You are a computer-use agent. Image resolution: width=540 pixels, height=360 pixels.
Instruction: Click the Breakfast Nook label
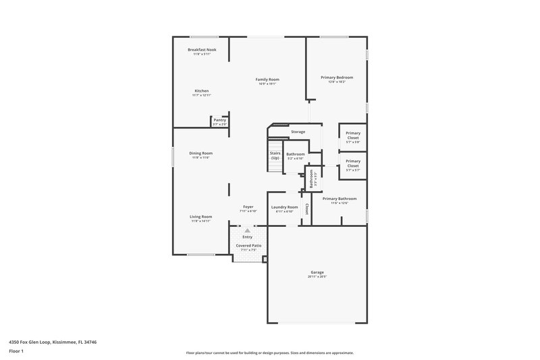tap(202, 50)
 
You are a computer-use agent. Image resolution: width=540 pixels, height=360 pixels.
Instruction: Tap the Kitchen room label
tap(202, 91)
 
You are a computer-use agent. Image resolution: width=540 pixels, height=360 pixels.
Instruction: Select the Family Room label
tap(267, 79)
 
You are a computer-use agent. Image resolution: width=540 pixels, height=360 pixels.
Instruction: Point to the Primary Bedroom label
tap(336, 77)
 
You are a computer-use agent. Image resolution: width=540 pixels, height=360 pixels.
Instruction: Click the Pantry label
tap(219, 120)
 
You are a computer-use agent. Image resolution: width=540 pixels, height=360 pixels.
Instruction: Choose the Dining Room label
tap(201, 153)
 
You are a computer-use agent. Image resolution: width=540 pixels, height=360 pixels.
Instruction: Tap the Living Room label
tap(201, 216)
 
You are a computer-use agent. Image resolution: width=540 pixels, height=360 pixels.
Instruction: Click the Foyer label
tap(248, 207)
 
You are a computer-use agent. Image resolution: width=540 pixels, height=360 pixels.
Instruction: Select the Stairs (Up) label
tap(275, 155)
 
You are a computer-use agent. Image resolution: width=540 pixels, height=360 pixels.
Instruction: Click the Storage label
tap(298, 131)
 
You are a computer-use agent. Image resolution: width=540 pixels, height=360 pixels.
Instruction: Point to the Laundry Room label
tap(284, 207)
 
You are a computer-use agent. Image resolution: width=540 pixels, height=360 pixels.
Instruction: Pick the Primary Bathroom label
tap(340, 199)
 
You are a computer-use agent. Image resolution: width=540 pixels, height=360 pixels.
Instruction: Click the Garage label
tap(317, 272)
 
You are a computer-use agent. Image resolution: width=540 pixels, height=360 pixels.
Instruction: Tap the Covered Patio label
tap(248, 246)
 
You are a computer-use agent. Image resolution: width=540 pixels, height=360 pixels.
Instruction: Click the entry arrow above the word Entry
tap(248, 231)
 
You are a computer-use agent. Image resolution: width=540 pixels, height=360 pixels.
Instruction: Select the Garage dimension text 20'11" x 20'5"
tap(317, 277)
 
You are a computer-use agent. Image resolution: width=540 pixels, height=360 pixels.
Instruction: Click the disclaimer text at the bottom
tap(269, 353)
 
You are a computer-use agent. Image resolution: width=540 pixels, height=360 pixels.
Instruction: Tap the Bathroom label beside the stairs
tap(296, 154)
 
